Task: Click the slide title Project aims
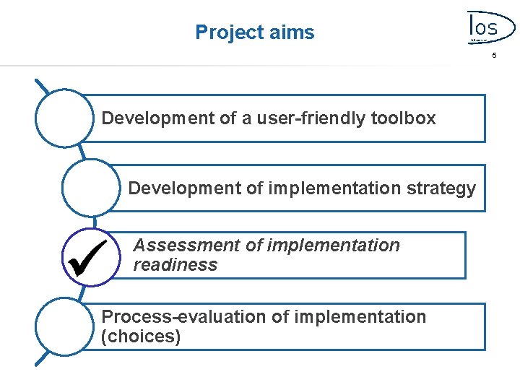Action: [255, 32]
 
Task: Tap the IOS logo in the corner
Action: [482, 29]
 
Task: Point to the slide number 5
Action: [495, 55]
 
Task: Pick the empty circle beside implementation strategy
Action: [91, 188]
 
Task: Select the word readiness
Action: [175, 265]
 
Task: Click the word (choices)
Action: [141, 337]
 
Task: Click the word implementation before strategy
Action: [334, 189]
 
